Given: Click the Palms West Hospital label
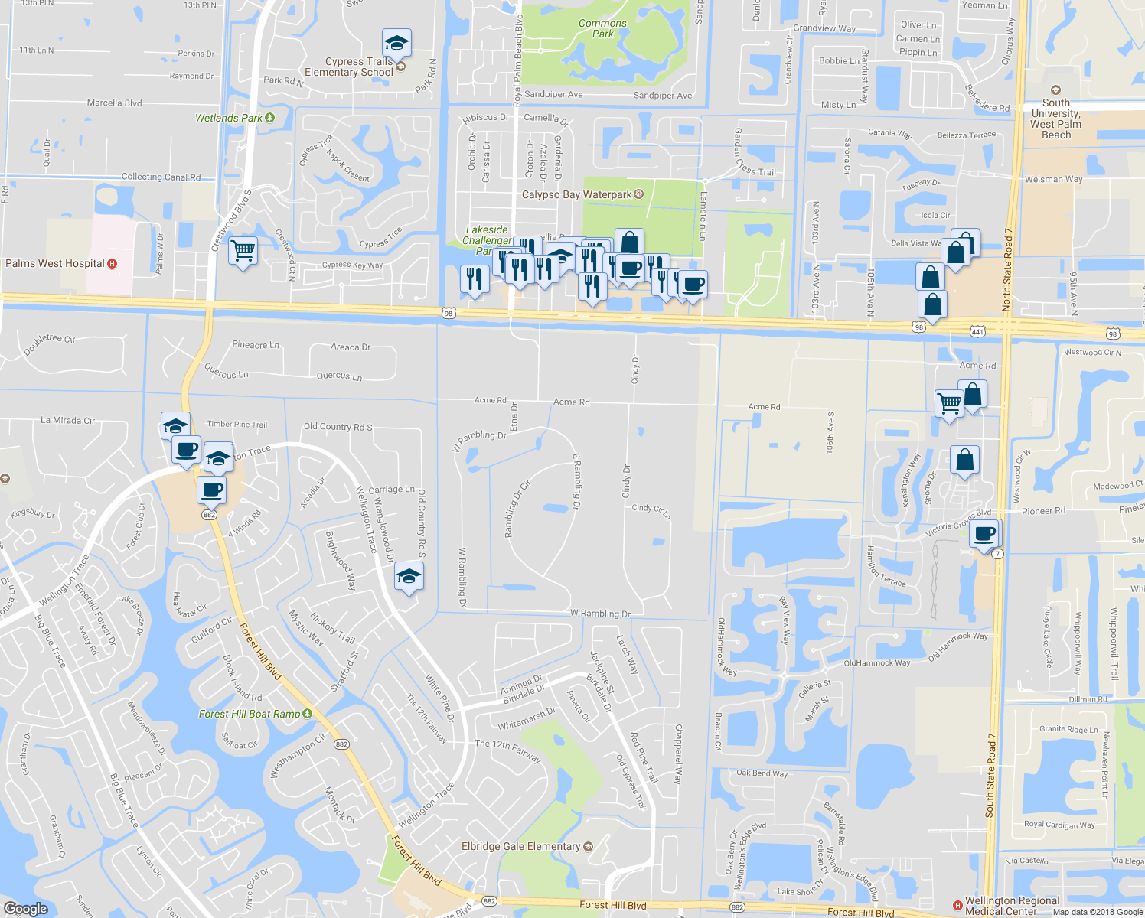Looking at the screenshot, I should (55, 263).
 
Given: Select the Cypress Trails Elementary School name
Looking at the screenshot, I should (349, 67).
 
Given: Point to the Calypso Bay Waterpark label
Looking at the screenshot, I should (576, 194).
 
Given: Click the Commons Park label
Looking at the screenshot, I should (602, 28).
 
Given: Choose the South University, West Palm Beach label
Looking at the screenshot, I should (1056, 119).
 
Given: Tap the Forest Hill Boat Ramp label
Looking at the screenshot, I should (250, 714).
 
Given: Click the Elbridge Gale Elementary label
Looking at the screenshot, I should (521, 846).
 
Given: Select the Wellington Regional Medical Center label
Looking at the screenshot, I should (1012, 906).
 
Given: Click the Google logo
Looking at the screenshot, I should (26, 909).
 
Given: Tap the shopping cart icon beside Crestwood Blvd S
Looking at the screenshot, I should (243, 250).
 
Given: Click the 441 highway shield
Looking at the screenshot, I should (977, 330).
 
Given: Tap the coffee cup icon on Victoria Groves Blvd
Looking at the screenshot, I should (985, 533).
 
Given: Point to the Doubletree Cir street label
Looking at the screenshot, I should (49, 344).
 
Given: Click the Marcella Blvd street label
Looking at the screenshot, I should (115, 103).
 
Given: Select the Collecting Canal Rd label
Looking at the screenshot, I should (161, 177).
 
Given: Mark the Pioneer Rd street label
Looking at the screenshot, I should (1043, 511).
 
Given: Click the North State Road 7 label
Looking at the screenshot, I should (1007, 269).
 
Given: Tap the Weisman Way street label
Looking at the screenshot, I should (1053, 179).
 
